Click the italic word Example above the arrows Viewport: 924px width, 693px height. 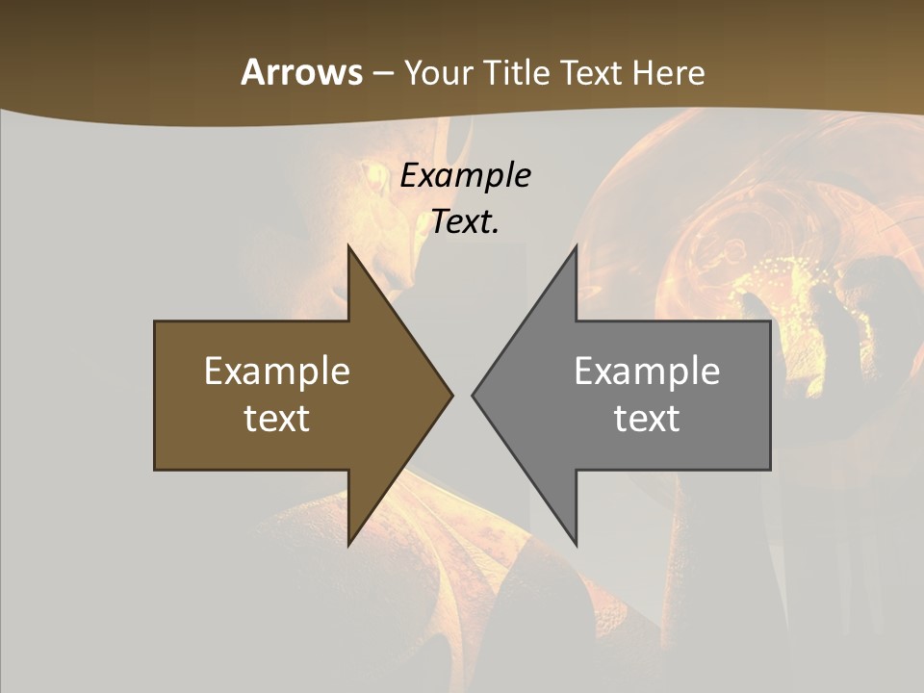(x=466, y=175)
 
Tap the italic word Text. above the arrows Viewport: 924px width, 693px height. (x=466, y=221)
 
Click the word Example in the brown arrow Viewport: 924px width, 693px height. (x=277, y=372)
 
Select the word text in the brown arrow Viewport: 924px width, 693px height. (x=277, y=419)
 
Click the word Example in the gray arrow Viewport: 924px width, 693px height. (x=647, y=372)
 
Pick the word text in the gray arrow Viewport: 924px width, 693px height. (x=647, y=419)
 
